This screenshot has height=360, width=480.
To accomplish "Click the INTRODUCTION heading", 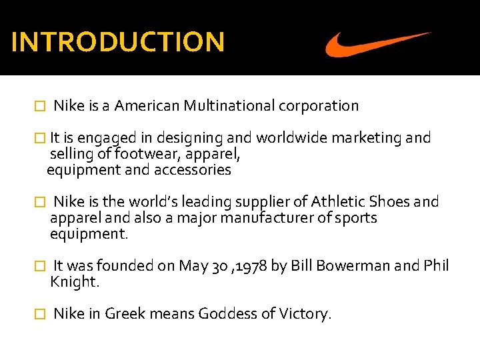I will click(118, 42).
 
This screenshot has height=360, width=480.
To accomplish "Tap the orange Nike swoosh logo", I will click(377, 44).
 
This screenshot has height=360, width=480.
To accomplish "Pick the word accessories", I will click(193, 170).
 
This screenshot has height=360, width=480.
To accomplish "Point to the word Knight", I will click(75, 282).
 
